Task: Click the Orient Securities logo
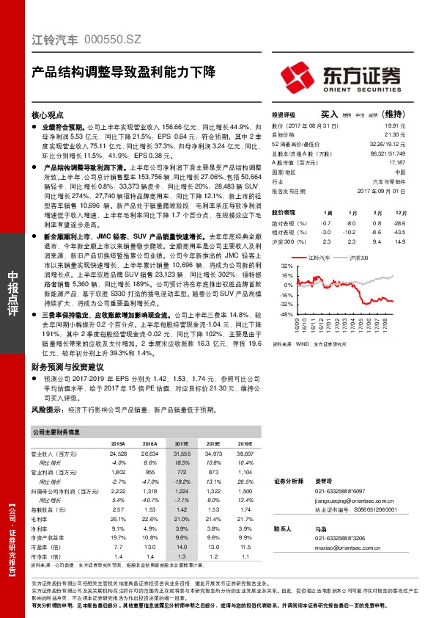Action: pyautogui.click(x=341, y=75)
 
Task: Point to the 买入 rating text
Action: pyautogui.click(x=330, y=114)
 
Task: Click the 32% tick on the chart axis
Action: pyautogui.click(x=287, y=265)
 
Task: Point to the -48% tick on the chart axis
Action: pyautogui.click(x=286, y=313)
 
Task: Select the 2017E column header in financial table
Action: pyautogui.click(x=182, y=444)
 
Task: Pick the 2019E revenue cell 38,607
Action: pyautogui.click(x=244, y=456)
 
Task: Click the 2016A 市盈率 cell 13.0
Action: pyautogui.click(x=149, y=547)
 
